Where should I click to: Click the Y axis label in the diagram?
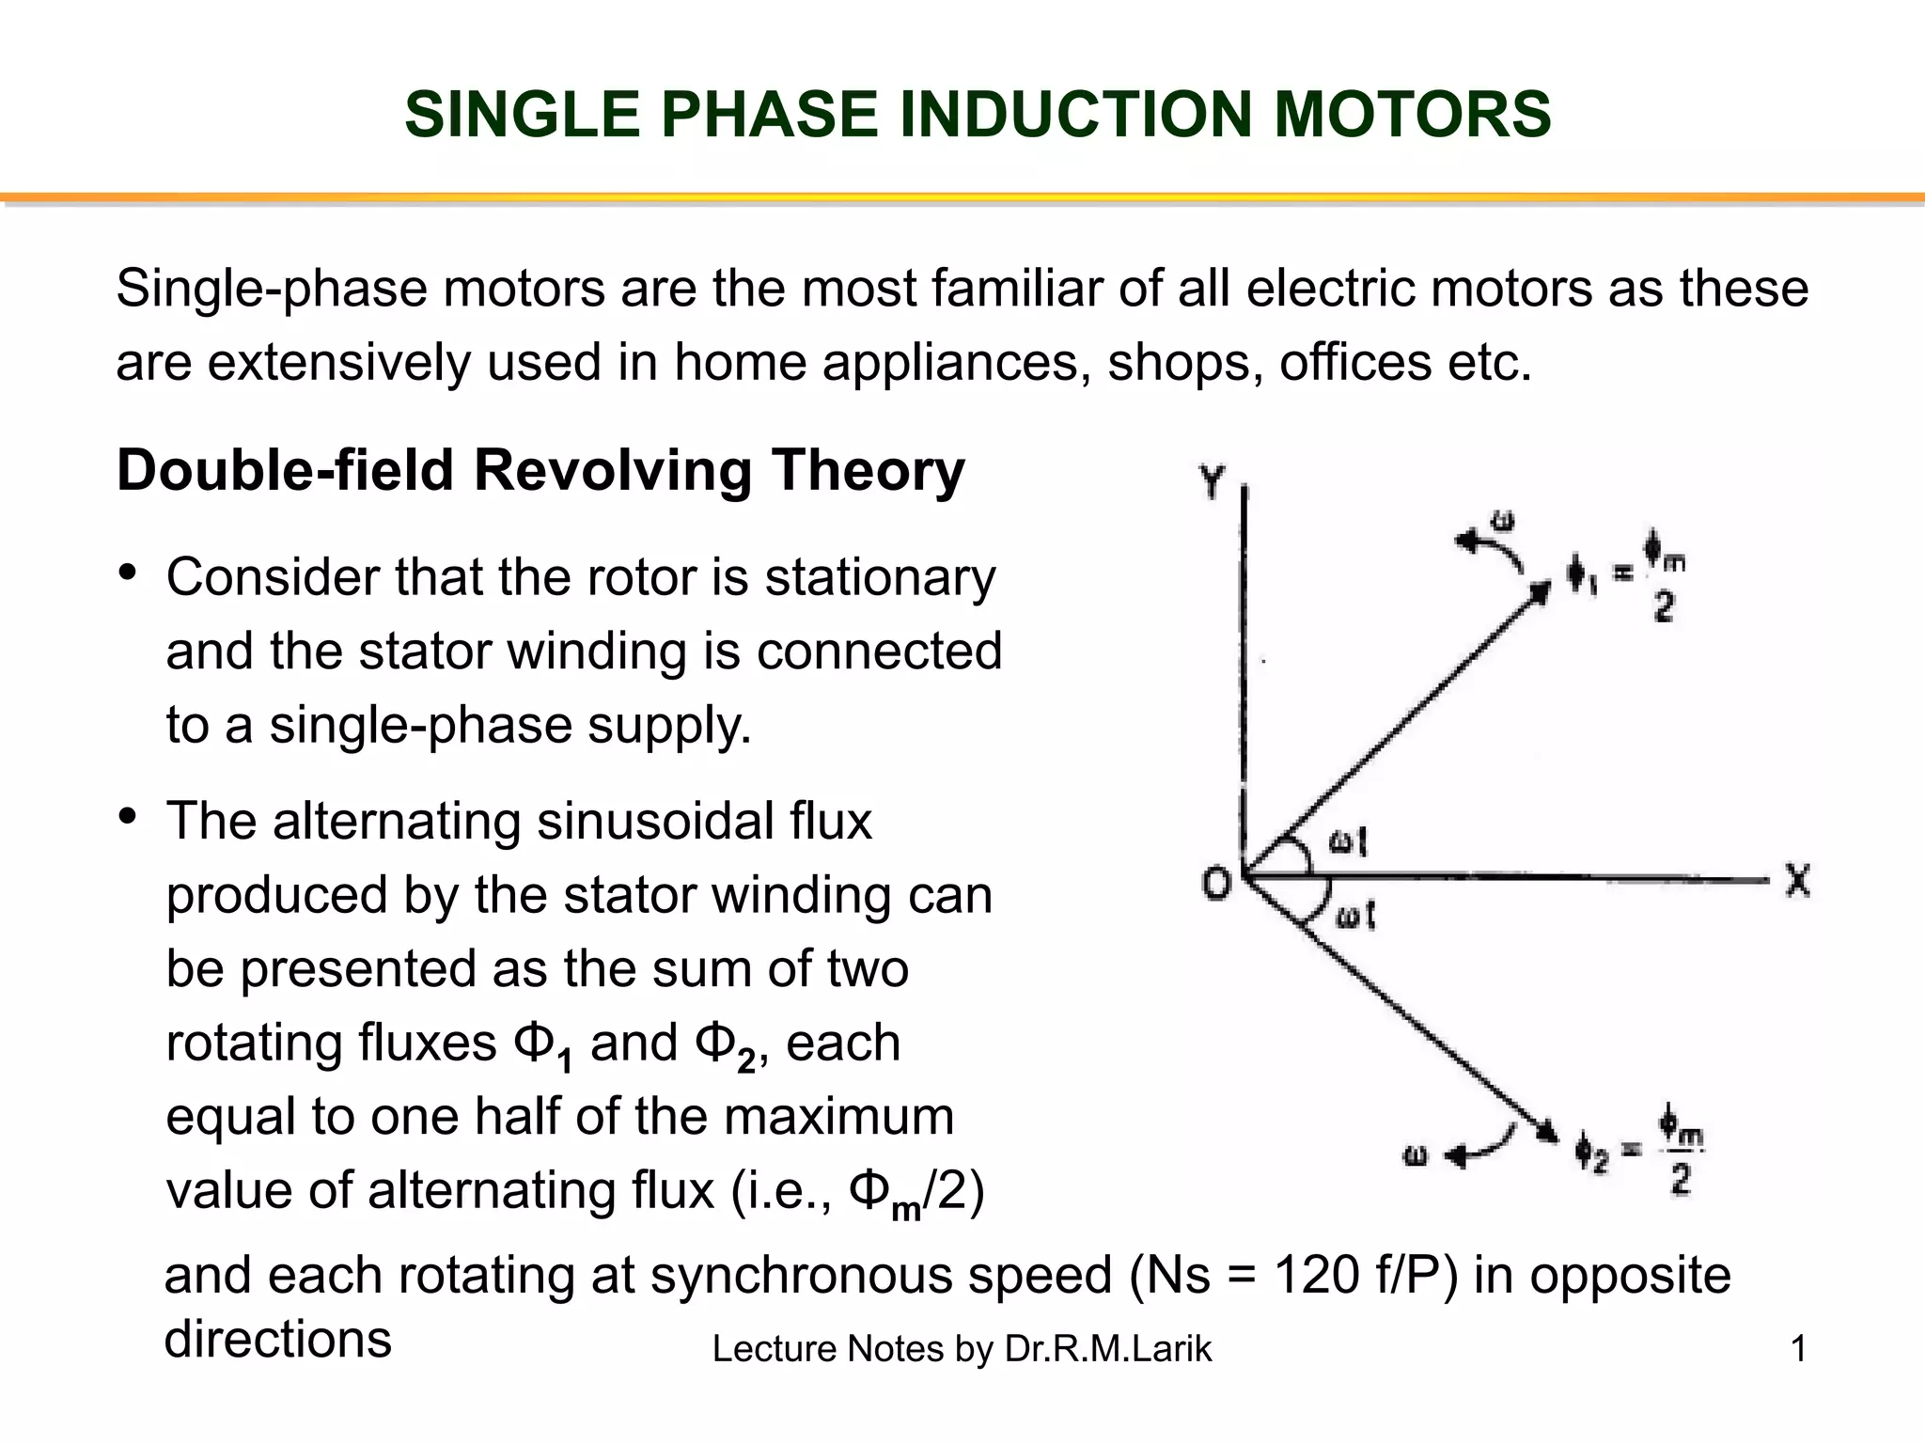[x=1212, y=483]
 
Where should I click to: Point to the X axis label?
[x=1797, y=881]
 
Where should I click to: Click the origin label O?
[x=1216, y=883]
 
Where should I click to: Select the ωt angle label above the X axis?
[x=1348, y=842]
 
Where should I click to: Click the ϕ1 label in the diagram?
[x=1582, y=576]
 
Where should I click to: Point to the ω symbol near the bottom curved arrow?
[x=1416, y=1155]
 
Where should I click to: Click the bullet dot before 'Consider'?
[x=129, y=572]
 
